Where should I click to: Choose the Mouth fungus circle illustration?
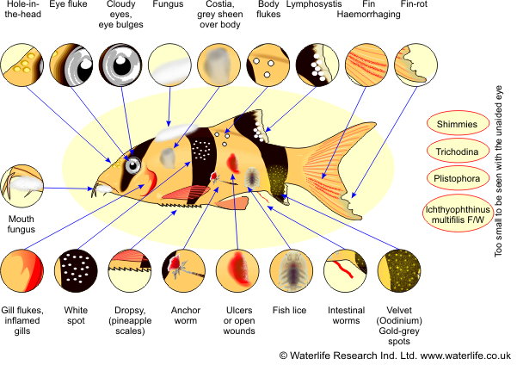[22, 186]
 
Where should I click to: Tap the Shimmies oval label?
[457, 124]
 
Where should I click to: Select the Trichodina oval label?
[457, 152]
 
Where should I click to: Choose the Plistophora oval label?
[457, 179]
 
